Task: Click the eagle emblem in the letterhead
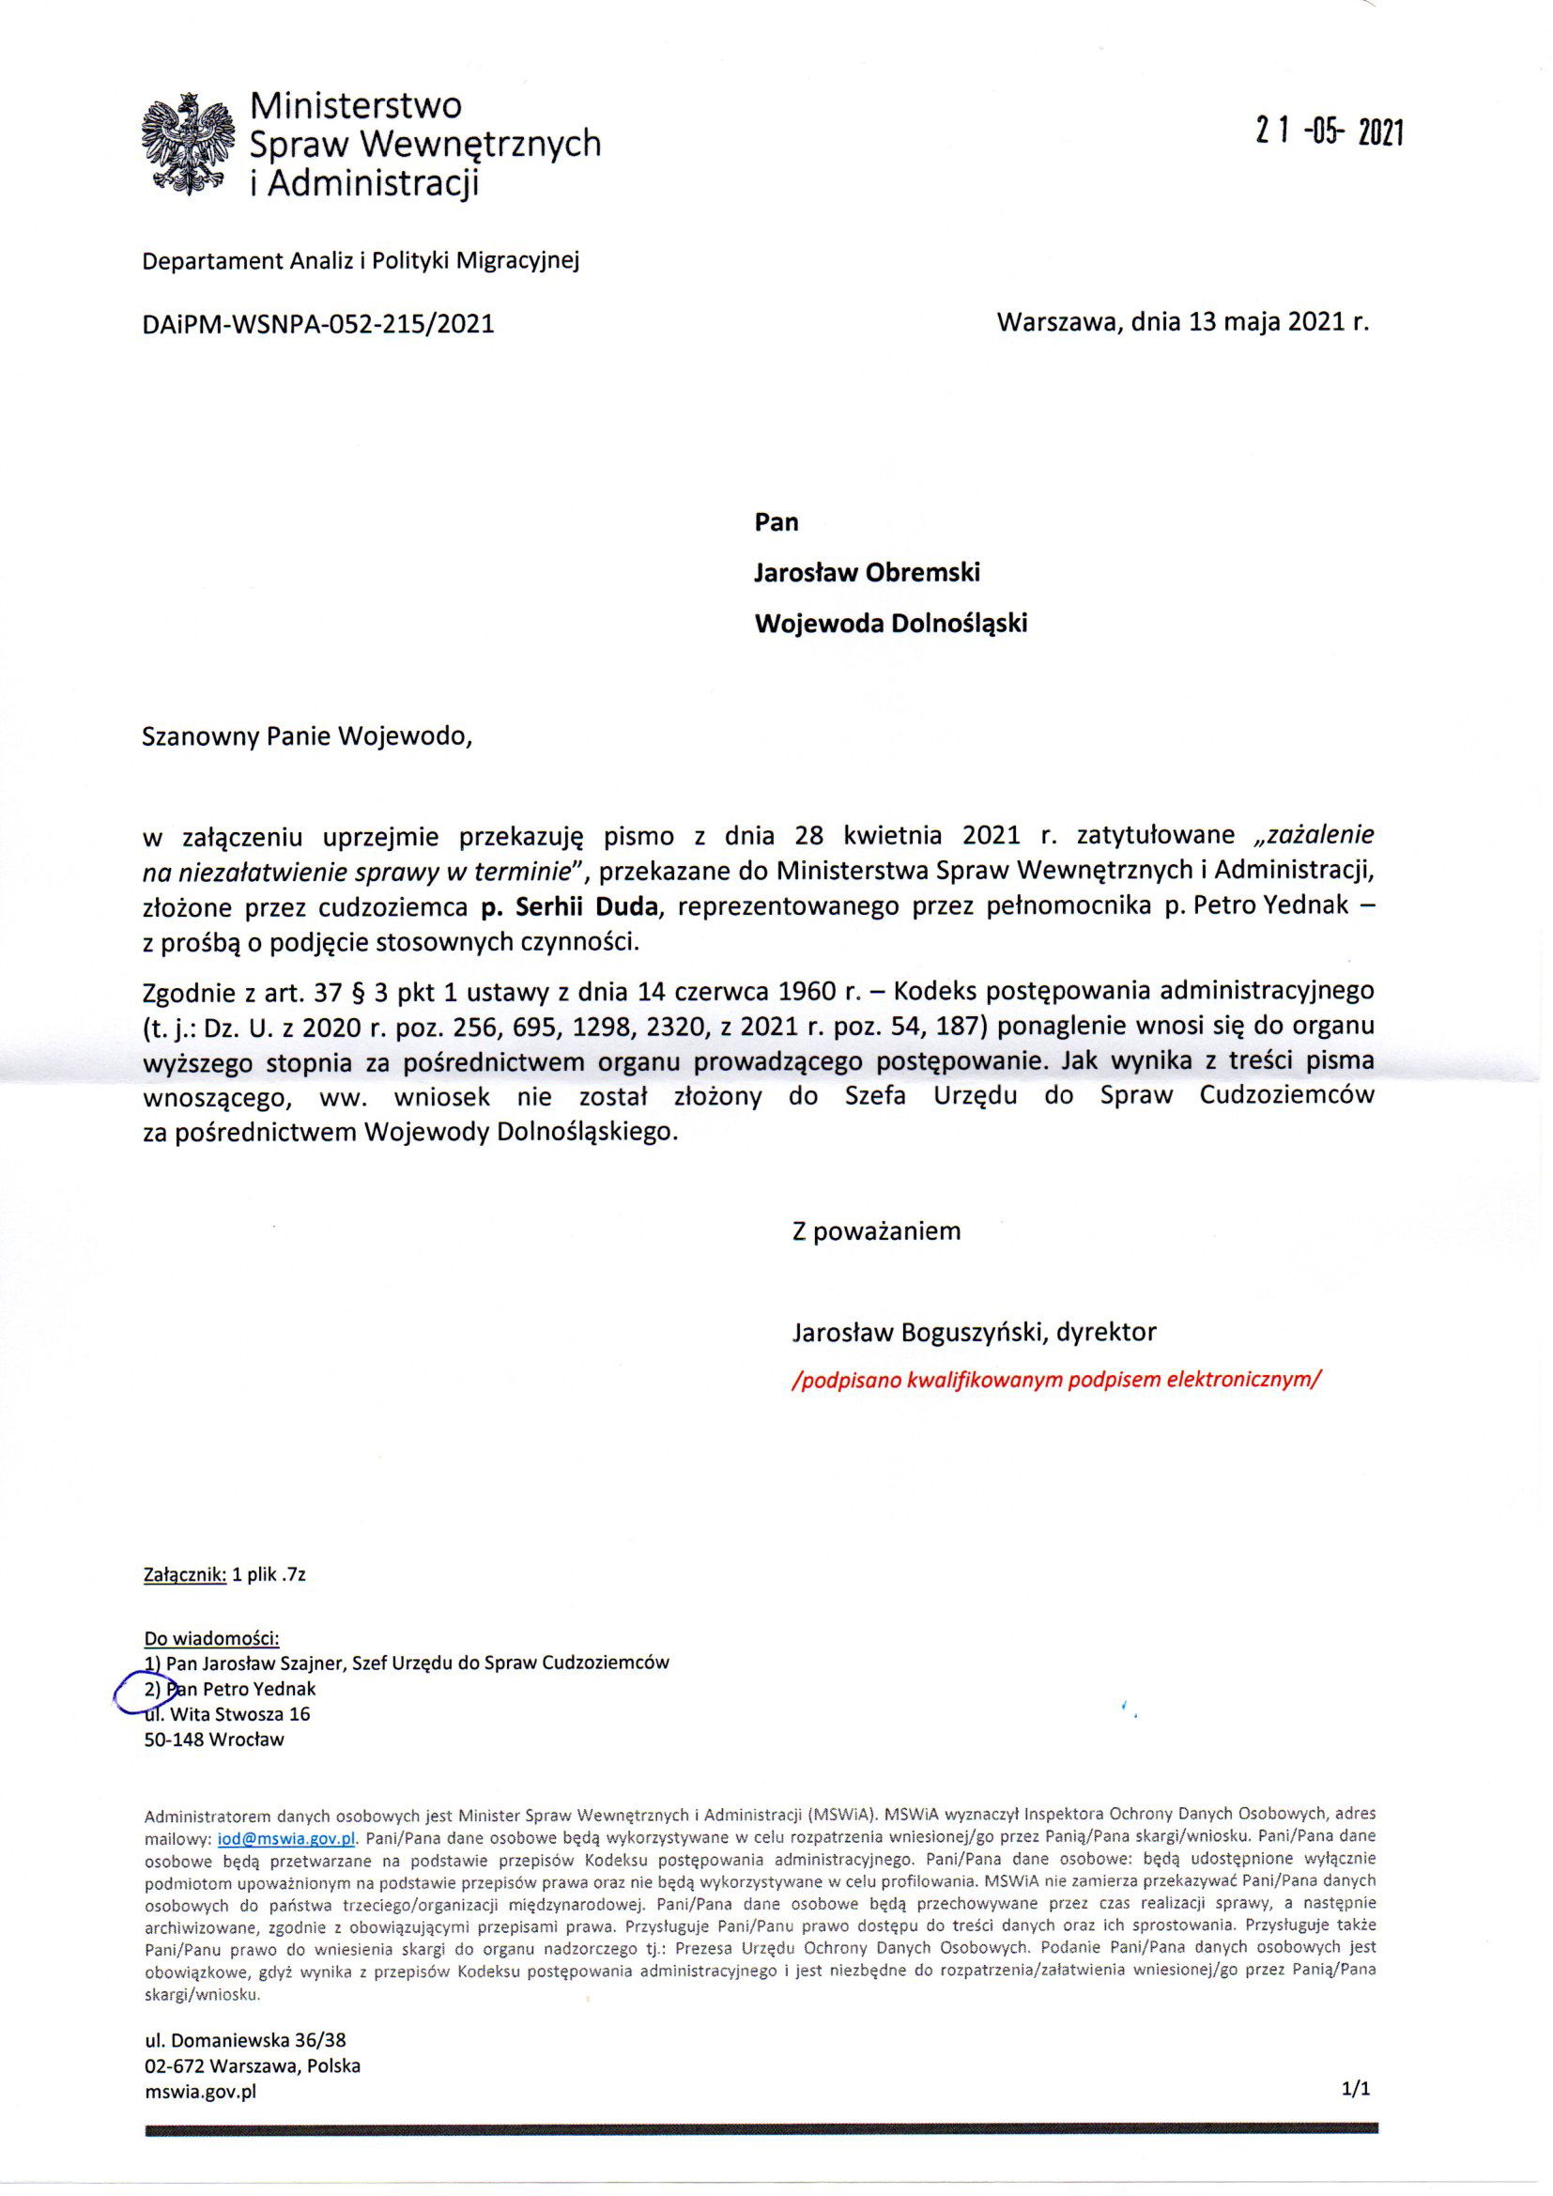coord(189,146)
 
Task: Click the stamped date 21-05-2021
coord(1329,133)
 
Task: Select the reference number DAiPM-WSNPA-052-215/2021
coord(317,323)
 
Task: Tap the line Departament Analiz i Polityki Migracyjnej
coord(361,260)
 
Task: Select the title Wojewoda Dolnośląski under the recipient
coord(891,624)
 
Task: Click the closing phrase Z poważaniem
coord(876,1231)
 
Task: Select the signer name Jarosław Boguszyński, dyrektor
coord(974,1331)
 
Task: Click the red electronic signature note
coord(1056,1379)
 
